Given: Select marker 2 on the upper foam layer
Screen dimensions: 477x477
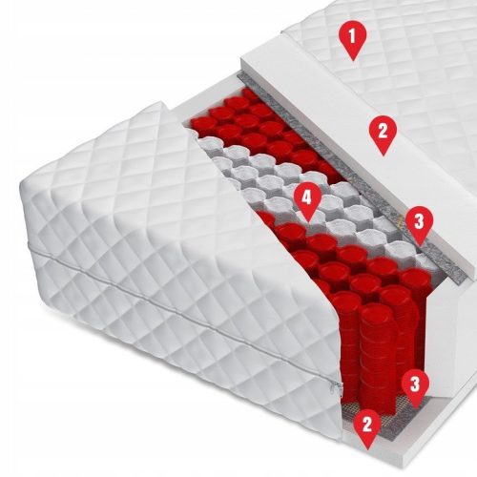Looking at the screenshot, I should [x=382, y=131].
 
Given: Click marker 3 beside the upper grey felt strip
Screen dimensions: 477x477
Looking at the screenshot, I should [x=418, y=222].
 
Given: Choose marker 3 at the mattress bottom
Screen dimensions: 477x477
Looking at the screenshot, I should [x=412, y=384].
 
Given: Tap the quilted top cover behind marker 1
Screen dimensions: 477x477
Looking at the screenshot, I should [x=410, y=57].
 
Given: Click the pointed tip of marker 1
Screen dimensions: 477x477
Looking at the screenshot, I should [x=354, y=59].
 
